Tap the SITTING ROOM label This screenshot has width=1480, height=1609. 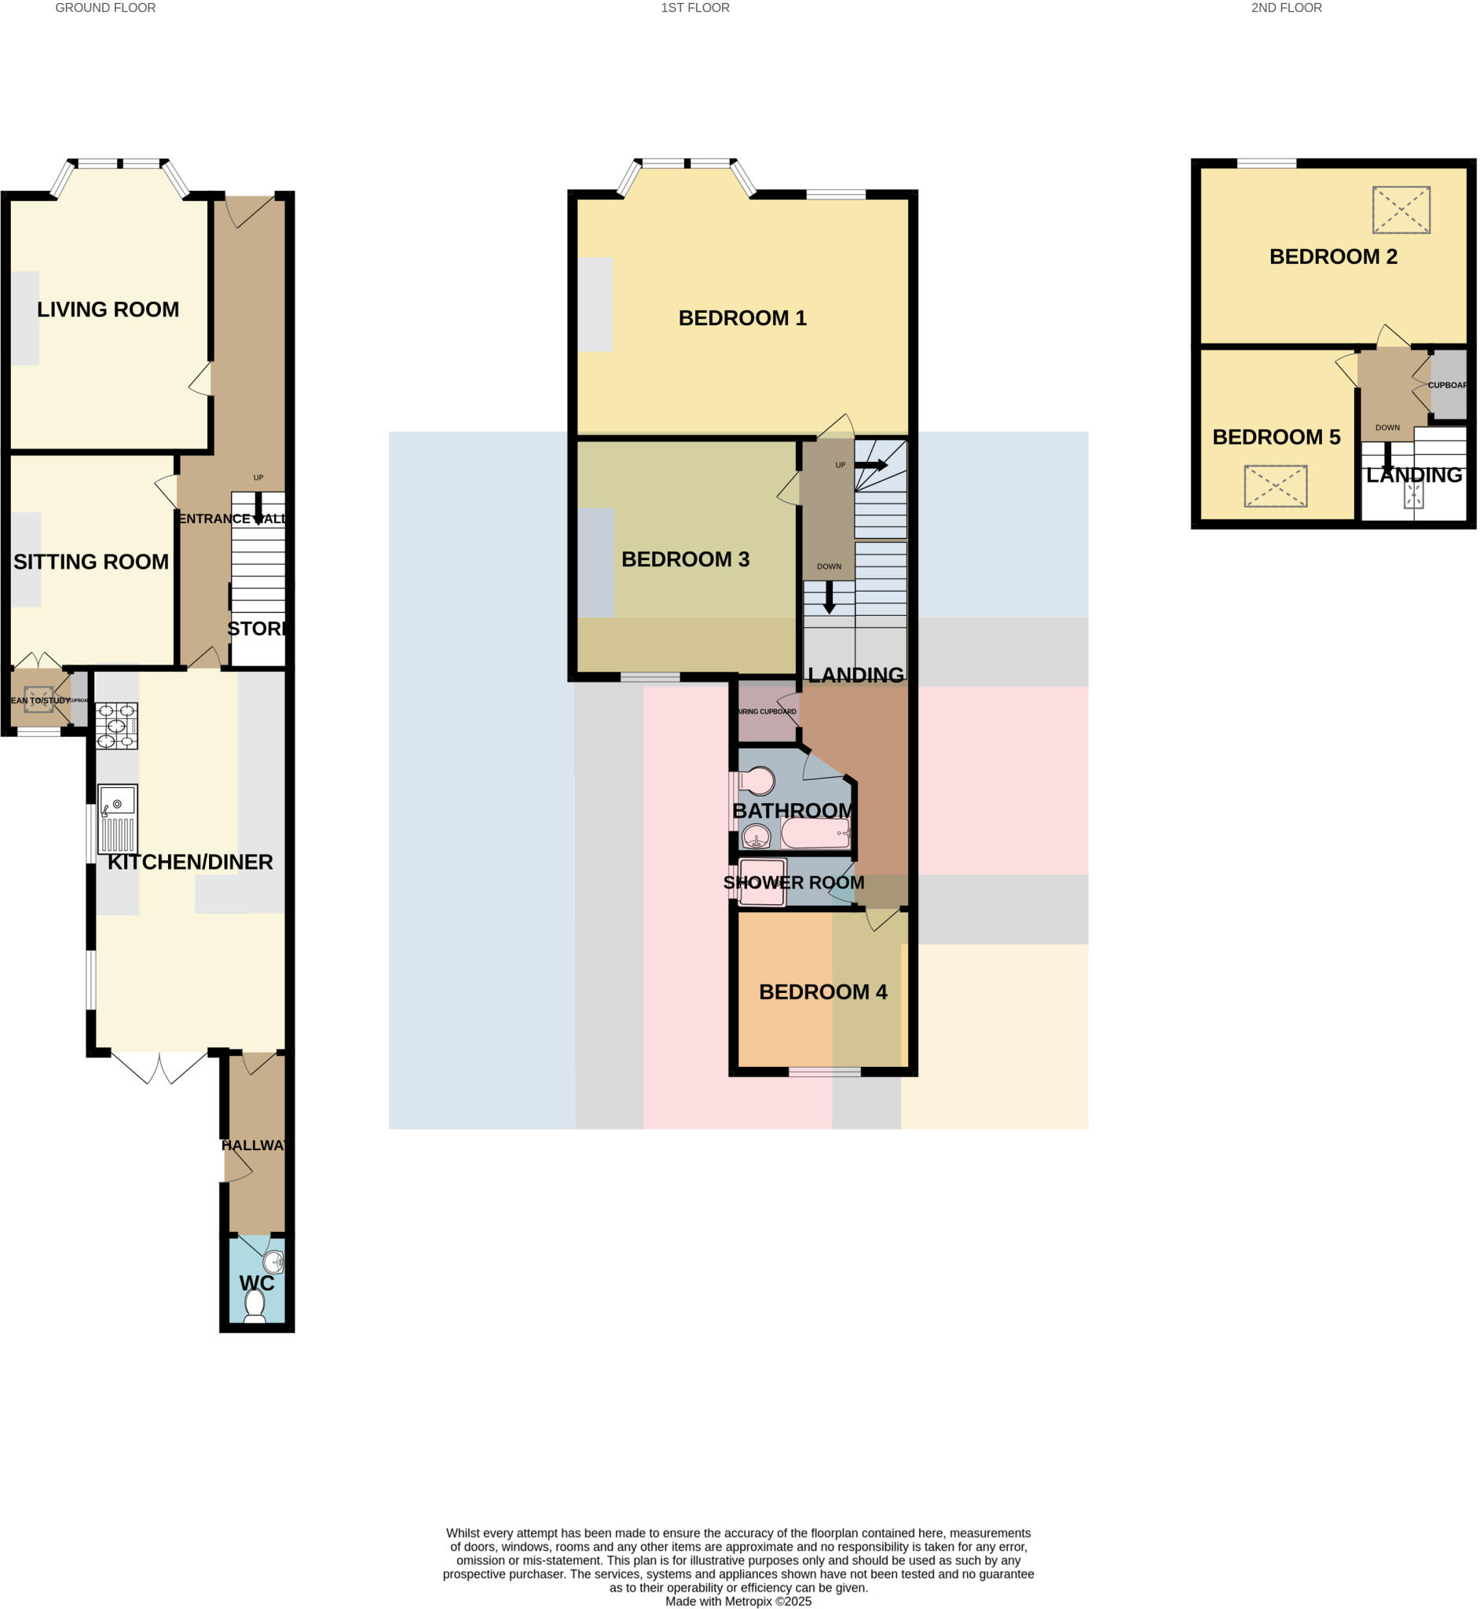(91, 562)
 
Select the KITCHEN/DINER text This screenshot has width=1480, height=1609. (190, 862)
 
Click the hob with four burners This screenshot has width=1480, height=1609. (116, 726)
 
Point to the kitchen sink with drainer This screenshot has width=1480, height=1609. (118, 819)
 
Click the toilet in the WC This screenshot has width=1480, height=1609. (255, 1306)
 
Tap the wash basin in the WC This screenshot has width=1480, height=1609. (274, 1263)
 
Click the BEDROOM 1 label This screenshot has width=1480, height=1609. (742, 318)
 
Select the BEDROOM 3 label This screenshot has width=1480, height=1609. (686, 559)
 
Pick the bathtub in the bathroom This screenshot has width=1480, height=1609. (815, 834)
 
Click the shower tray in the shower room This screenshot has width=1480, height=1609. (762, 881)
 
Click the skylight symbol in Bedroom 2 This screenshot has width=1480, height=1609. (1401, 210)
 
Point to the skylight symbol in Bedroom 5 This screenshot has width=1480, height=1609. (1276, 486)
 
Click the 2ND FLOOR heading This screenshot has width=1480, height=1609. (1286, 8)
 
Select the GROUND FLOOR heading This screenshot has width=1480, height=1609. (106, 8)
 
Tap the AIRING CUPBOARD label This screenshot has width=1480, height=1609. (767, 711)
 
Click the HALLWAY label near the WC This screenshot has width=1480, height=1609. (253, 1145)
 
